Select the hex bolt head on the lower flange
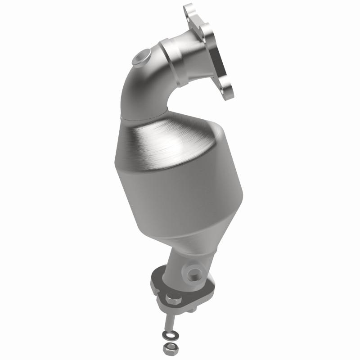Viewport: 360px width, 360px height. point(174,298)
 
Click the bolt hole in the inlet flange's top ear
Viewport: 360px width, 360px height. point(189,10)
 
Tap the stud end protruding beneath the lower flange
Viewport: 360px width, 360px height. point(195,310)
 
